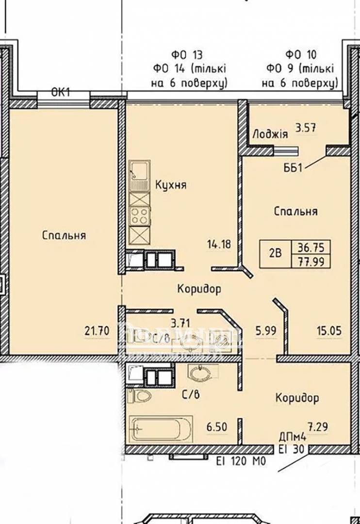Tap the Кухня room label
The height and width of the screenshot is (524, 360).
coord(171,185)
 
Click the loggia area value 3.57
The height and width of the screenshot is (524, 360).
coord(306,129)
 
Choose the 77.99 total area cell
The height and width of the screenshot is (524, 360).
coord(310,261)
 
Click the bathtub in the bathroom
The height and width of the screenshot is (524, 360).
coord(160,429)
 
